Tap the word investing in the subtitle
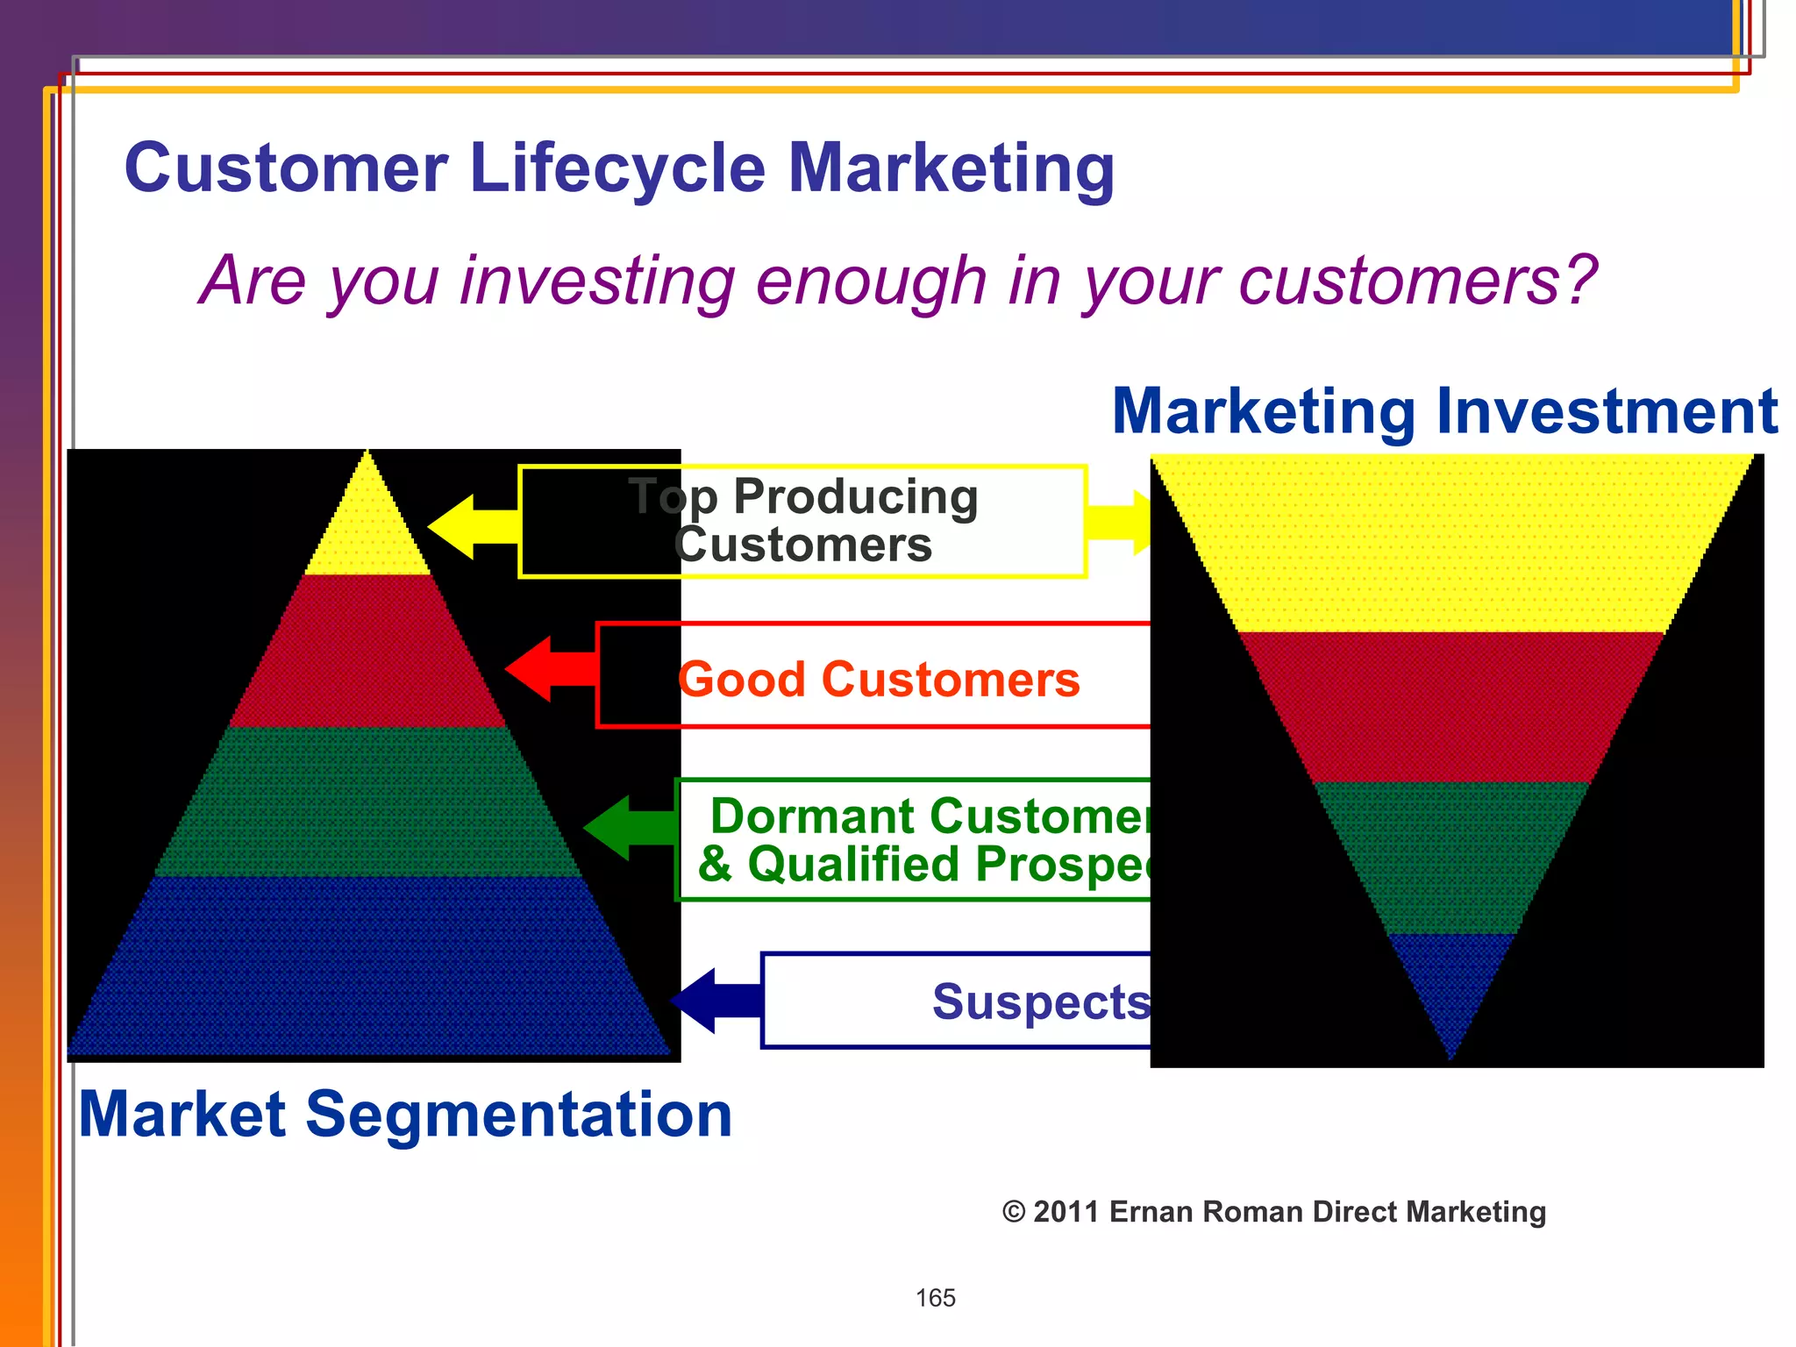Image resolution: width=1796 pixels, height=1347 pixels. (597, 281)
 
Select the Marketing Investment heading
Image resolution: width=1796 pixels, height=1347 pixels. (1443, 411)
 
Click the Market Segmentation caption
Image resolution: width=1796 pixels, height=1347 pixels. (405, 1115)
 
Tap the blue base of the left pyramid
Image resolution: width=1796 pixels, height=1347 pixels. (367, 965)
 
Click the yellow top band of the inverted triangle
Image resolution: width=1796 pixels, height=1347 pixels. (1451, 544)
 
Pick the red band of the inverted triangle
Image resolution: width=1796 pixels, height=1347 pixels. (1451, 706)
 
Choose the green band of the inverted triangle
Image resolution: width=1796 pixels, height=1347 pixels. (1451, 855)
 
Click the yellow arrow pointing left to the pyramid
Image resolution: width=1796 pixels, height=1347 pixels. (469, 526)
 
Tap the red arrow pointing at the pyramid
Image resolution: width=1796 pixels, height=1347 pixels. (548, 669)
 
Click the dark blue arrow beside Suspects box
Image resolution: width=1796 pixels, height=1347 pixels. (712, 1001)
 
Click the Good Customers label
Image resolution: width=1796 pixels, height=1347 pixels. (879, 680)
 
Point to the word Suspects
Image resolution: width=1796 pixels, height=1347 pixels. (1040, 1001)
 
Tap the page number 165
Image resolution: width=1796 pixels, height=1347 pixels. (935, 1298)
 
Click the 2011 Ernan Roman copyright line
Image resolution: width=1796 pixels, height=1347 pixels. (1273, 1212)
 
